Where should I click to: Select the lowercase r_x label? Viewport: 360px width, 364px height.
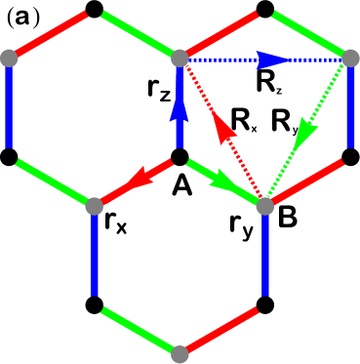(116, 223)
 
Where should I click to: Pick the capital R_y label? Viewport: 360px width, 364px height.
(284, 121)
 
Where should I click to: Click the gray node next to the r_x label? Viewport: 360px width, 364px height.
(95, 205)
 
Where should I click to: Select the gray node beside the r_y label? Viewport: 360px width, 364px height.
(264, 205)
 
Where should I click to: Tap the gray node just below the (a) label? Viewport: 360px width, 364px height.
(9, 59)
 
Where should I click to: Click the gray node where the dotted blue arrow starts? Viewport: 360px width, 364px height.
(180, 59)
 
